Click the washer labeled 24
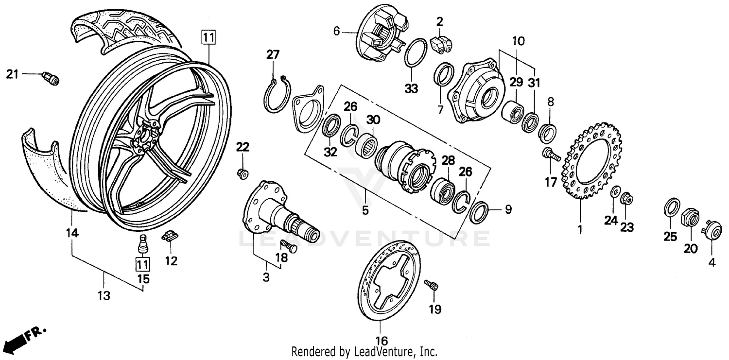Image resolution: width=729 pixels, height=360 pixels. [x=614, y=193]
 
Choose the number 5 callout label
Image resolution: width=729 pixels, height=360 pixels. [x=365, y=211]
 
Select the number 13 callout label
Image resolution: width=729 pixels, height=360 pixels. [x=104, y=295]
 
